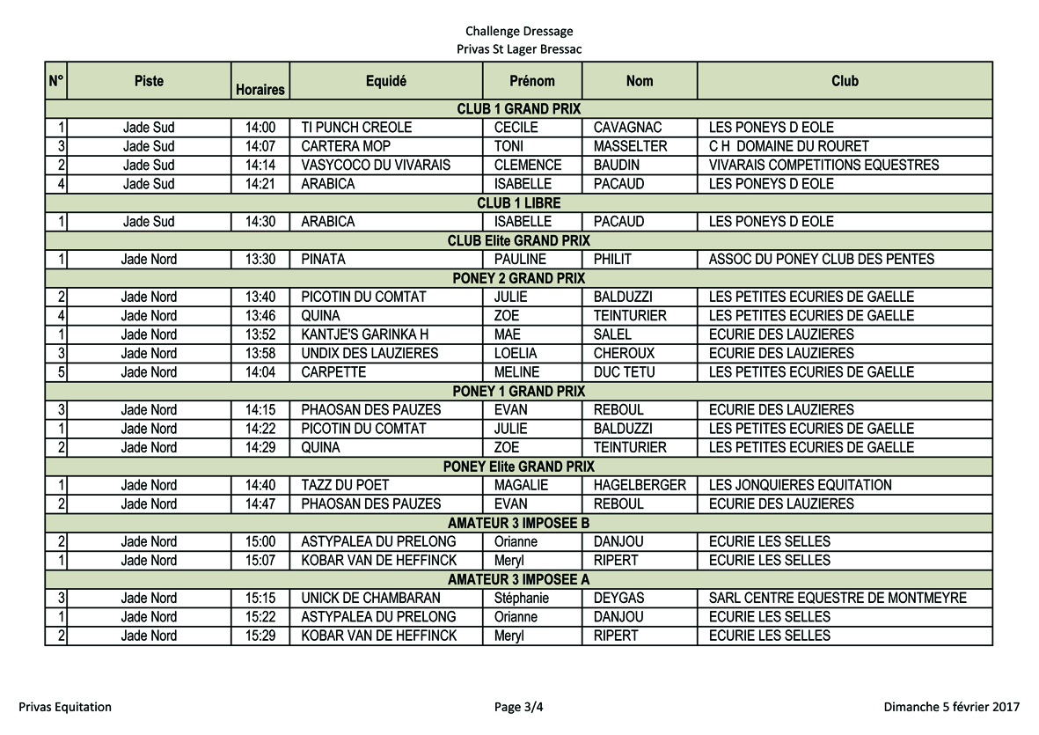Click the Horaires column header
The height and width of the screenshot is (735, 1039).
(260, 89)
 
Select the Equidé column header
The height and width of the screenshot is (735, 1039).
(385, 81)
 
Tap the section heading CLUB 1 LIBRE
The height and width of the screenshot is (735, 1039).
(518, 202)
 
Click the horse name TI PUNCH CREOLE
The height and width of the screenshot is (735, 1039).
(356, 128)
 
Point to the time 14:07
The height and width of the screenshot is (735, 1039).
(260, 146)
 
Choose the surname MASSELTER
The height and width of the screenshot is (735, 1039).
(630, 146)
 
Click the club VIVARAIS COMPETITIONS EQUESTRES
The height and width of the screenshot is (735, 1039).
(823, 165)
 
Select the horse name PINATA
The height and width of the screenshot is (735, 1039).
(323, 260)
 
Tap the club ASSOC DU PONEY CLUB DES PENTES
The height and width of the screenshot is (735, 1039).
(821, 260)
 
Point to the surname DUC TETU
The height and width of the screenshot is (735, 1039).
(624, 372)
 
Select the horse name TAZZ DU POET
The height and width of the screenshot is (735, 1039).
(345, 485)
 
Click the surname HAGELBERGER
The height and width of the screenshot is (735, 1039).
(640, 485)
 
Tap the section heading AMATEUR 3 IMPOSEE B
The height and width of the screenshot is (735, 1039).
(518, 523)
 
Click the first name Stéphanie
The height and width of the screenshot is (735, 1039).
(522, 598)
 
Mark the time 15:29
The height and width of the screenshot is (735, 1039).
(260, 636)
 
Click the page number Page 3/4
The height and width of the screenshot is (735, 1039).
(519, 707)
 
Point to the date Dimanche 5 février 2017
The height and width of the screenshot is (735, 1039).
(952, 707)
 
